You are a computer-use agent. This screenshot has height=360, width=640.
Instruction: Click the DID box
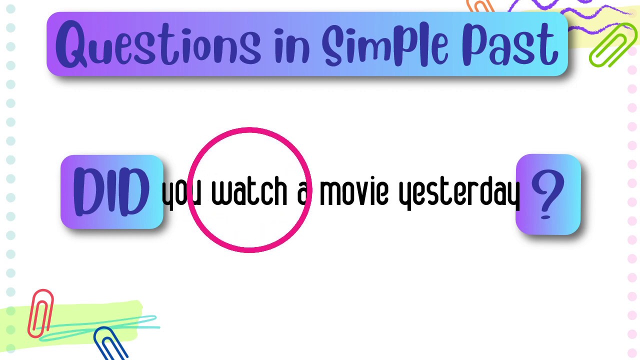pos(111,192)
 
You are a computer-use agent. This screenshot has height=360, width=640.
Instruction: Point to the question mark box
pos(548,194)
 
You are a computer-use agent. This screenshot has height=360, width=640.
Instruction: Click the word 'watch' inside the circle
pos(249,191)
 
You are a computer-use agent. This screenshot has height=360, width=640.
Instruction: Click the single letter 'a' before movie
pos(303,193)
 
